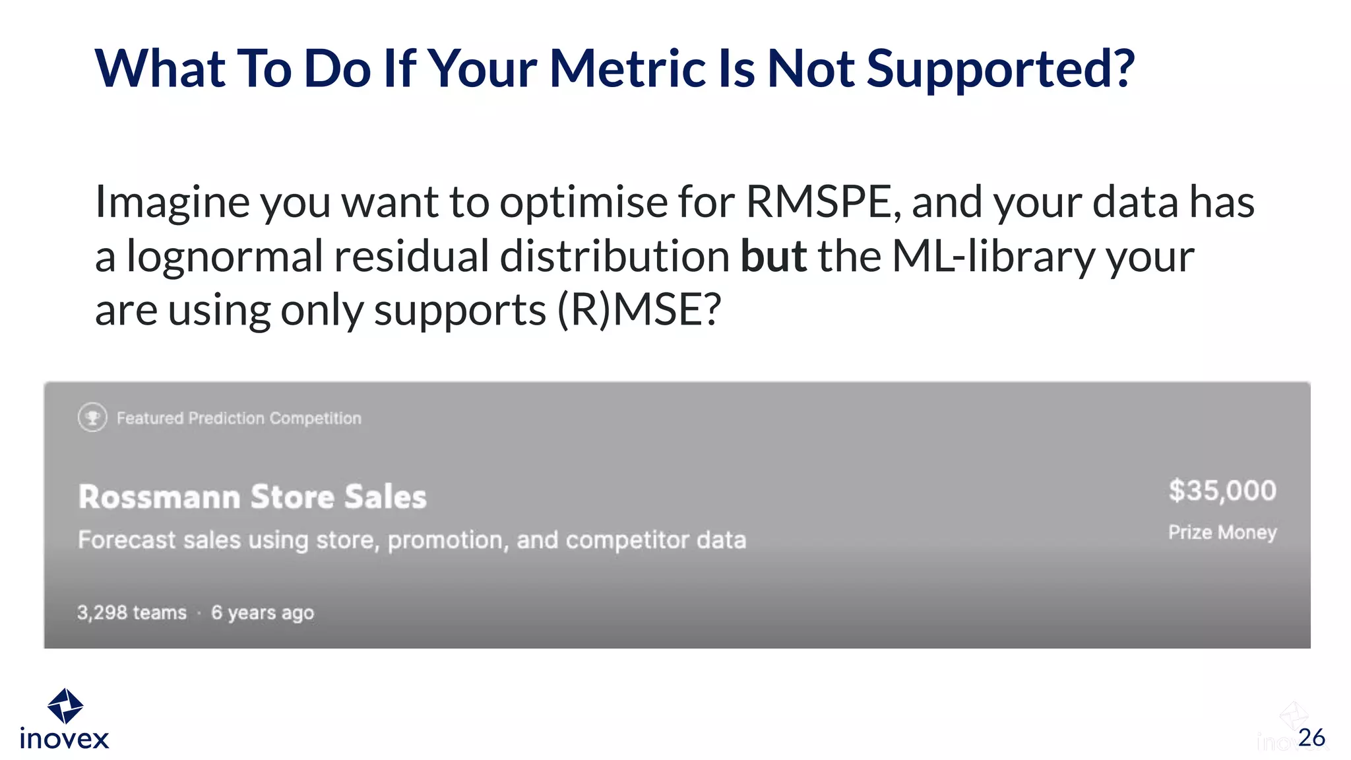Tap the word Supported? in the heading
tap(1000, 70)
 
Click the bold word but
tap(774, 256)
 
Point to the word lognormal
tap(224, 257)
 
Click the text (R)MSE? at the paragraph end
tap(639, 310)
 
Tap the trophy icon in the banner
tap(92, 418)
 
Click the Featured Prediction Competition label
tap(239, 418)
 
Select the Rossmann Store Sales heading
tap(253, 497)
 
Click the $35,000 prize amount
tap(1222, 491)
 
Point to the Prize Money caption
tap(1222, 532)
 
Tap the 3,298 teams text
tap(132, 613)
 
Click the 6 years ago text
tap(263, 613)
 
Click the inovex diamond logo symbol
tap(65, 706)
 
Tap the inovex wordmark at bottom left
tap(65, 739)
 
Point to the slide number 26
tap(1311, 738)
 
